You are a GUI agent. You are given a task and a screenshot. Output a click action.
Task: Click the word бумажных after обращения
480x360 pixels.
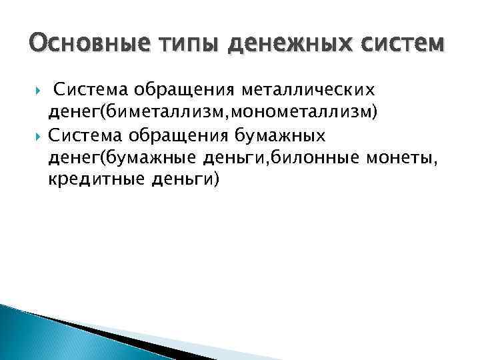[281, 137]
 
